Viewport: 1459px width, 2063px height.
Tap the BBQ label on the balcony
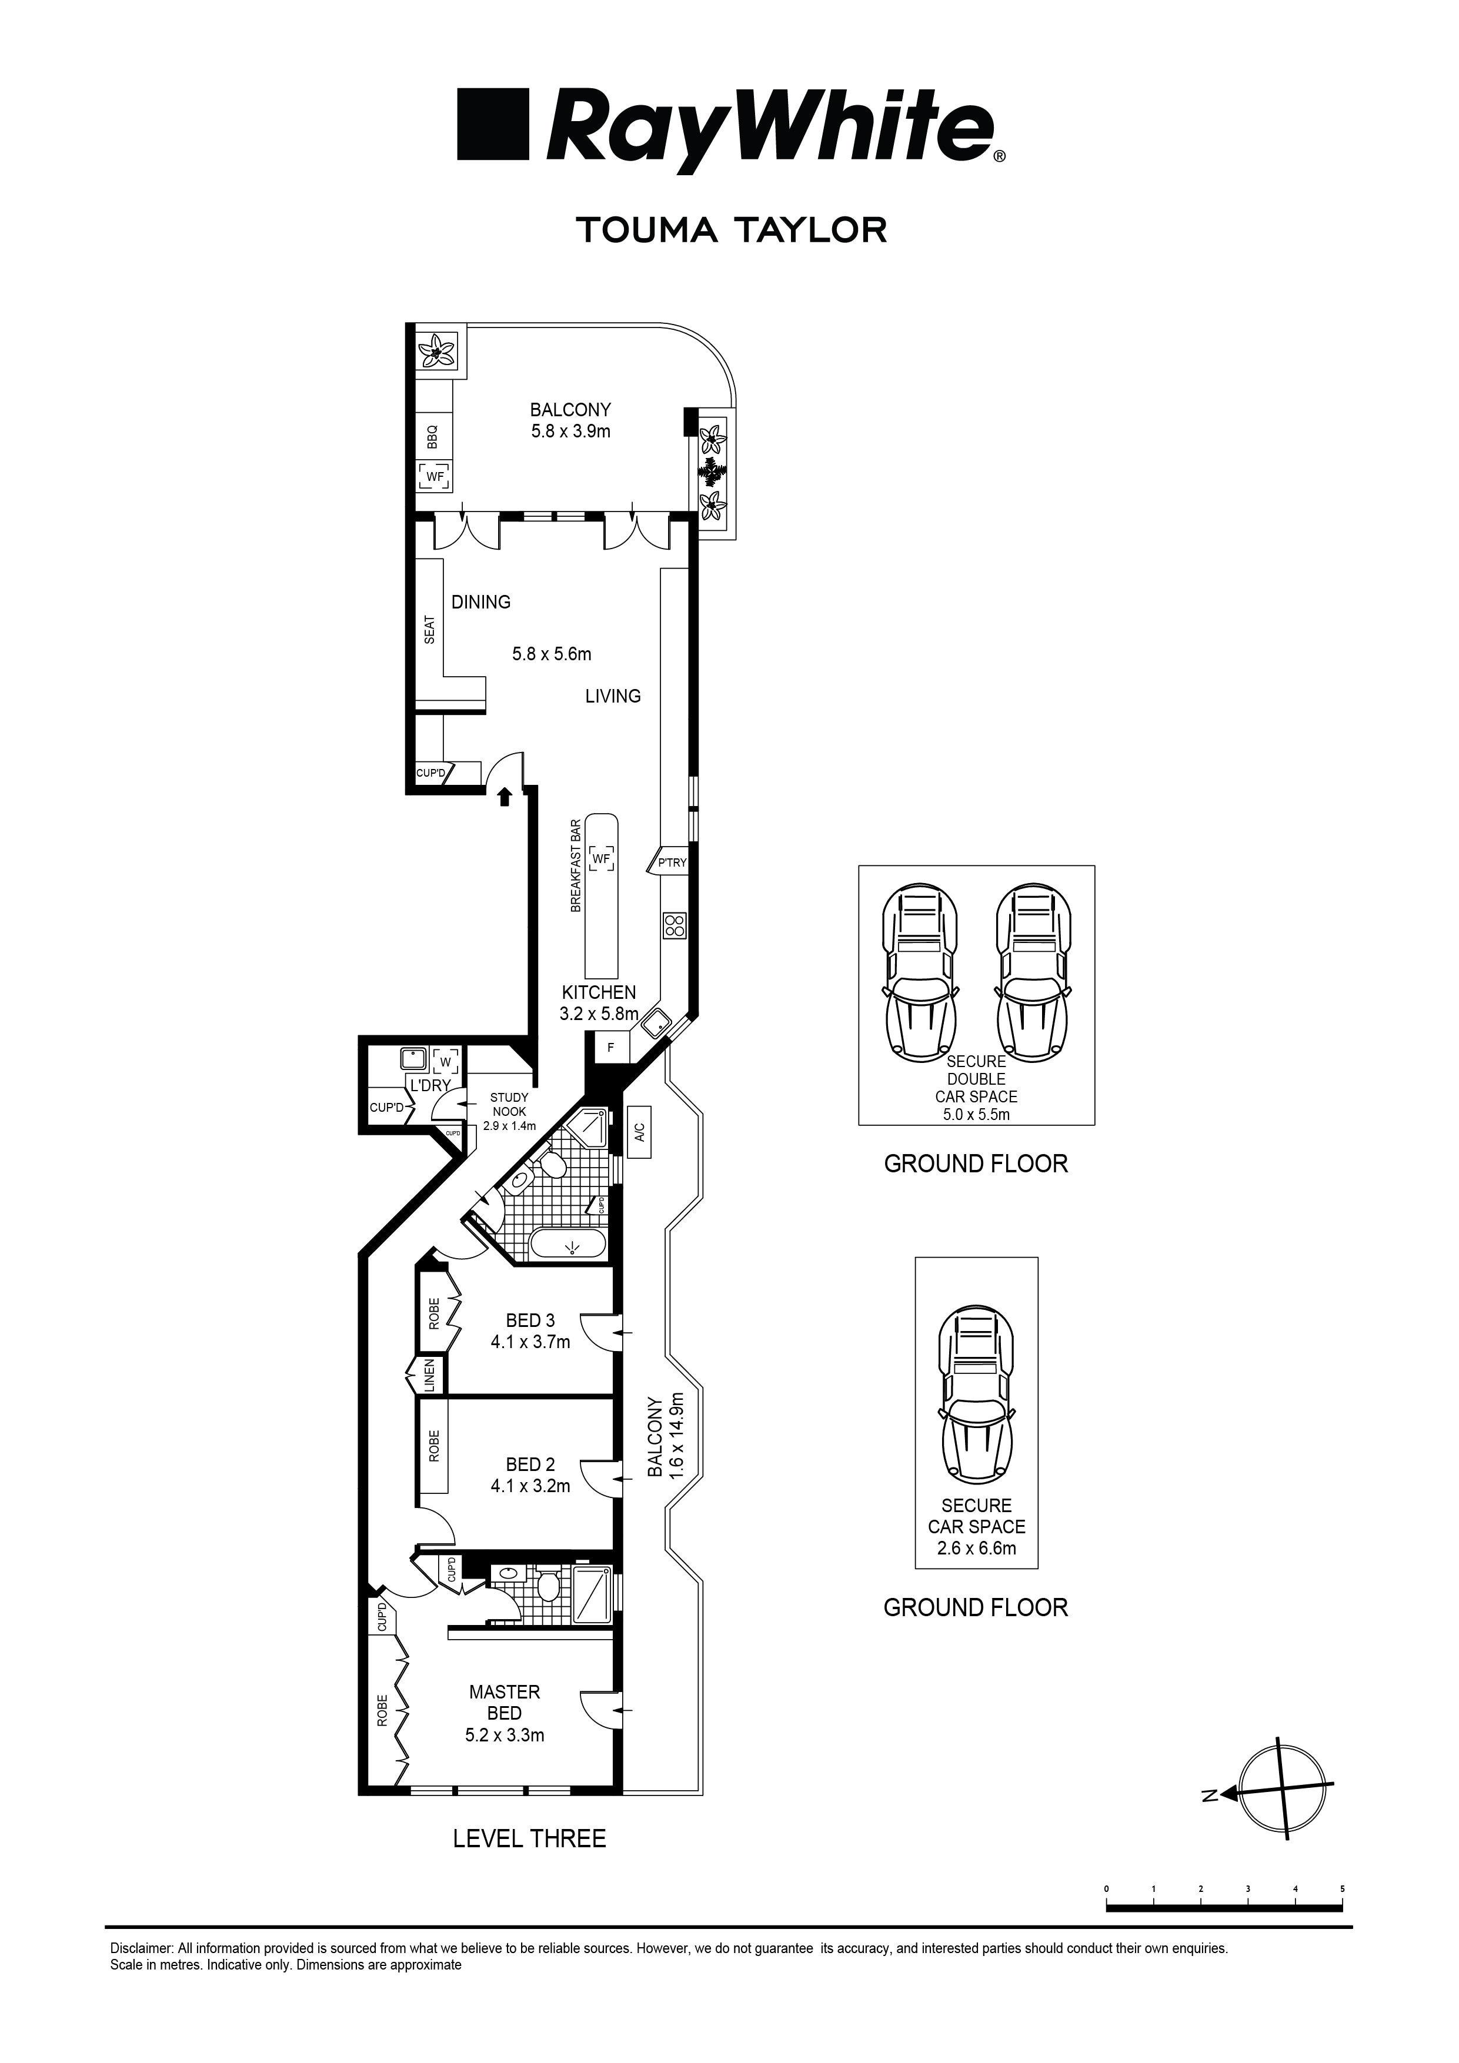point(432,437)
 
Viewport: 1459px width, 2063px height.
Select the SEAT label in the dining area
point(430,629)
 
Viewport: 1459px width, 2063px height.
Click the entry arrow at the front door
point(505,795)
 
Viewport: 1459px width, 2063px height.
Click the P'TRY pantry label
point(672,862)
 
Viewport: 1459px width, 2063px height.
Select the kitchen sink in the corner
point(657,1022)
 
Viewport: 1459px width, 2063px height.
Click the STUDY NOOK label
point(509,1104)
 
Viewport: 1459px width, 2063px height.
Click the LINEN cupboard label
point(430,1376)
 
